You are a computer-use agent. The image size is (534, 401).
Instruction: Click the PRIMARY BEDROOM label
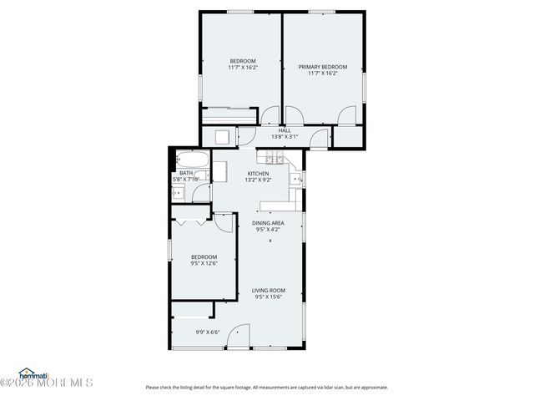pos(323,66)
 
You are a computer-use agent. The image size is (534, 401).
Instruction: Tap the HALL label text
pos(285,130)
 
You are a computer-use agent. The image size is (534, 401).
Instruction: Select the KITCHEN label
pos(257,173)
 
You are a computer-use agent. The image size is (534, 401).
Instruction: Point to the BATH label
pos(185,173)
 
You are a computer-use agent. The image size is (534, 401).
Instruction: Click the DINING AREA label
pos(269,223)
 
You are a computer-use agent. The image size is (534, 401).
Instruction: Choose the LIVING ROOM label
pos(269,290)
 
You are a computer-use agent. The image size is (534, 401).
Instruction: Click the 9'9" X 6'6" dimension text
pos(209,332)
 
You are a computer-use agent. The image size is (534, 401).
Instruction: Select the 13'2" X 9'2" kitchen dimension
pos(257,180)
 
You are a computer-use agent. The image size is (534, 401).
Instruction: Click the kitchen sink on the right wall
pos(296,178)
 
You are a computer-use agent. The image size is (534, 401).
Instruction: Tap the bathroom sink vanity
pos(179,193)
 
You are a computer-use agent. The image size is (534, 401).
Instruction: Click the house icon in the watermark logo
pos(26,372)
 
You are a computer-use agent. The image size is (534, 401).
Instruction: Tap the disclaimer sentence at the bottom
pos(266,387)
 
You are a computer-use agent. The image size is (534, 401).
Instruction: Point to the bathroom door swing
pos(202,194)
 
